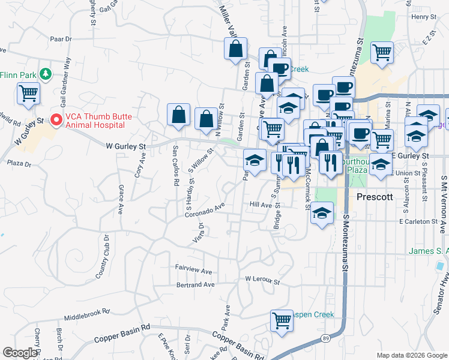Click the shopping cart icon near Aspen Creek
281,320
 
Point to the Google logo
20,353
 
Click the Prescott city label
375,197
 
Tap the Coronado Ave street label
204,209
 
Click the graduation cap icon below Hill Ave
322,214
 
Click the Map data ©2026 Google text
411,355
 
